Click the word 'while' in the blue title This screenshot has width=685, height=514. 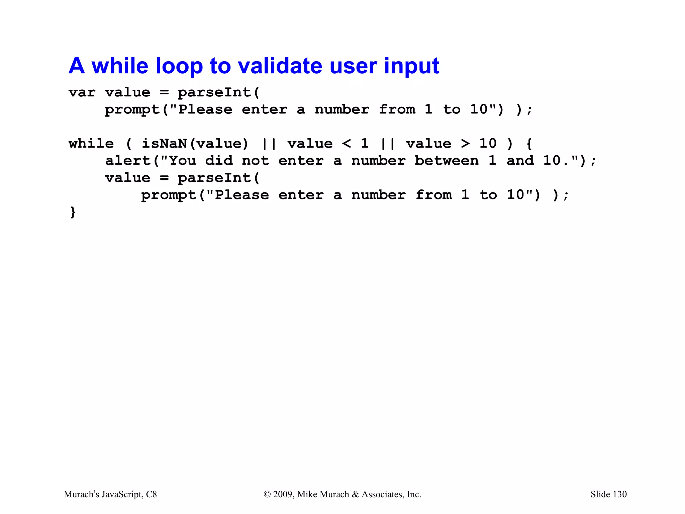[x=119, y=66]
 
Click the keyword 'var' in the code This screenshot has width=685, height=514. [x=82, y=93]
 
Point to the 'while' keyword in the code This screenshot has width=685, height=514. [x=91, y=144]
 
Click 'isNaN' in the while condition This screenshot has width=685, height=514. [x=164, y=144]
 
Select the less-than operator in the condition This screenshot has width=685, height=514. [x=347, y=144]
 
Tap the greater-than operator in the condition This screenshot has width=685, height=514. [x=465, y=144]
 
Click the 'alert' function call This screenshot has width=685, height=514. [x=128, y=161]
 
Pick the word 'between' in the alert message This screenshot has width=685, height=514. [x=447, y=161]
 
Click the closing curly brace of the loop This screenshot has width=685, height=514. [x=73, y=212]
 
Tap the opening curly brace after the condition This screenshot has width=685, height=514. [x=529, y=144]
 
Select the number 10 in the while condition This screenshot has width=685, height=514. [x=488, y=144]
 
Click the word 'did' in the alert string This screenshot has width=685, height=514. [x=219, y=161]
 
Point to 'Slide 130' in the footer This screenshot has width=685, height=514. [x=608, y=494]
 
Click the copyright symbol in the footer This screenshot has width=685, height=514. [x=267, y=495]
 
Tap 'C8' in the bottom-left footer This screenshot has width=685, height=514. [x=152, y=494]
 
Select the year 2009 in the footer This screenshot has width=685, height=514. [x=283, y=494]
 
